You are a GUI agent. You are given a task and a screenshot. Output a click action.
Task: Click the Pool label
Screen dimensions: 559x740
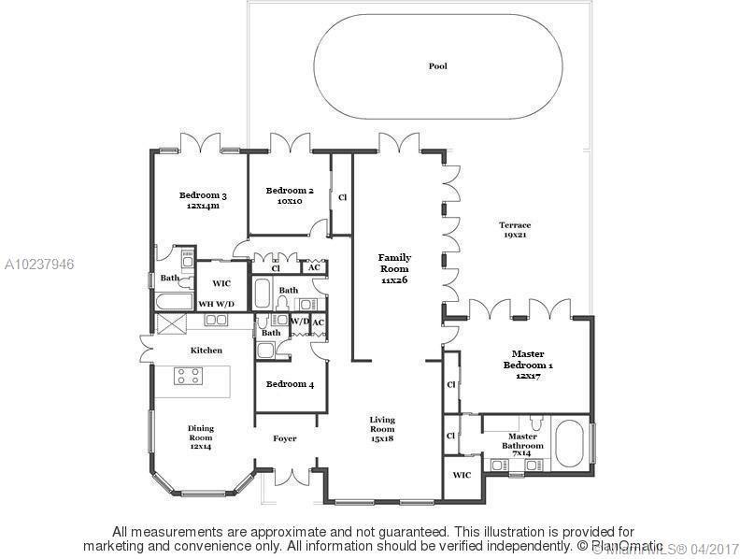(x=437, y=65)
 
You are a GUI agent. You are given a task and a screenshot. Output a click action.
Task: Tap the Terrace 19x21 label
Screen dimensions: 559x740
(x=514, y=230)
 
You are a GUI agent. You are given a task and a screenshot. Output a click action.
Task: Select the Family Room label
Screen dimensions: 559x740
(x=394, y=268)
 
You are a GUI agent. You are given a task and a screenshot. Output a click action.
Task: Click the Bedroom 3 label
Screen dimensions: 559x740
(x=204, y=200)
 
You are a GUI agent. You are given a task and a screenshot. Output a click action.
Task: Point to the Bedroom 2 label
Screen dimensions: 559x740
(x=289, y=195)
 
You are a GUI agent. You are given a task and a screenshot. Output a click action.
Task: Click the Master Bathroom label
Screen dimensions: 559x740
(x=522, y=441)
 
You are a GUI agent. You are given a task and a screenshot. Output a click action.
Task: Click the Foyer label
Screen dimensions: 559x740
(x=285, y=438)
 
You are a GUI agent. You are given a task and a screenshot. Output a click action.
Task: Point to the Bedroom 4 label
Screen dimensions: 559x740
(x=290, y=384)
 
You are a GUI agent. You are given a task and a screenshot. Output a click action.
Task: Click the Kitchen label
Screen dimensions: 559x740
(x=206, y=351)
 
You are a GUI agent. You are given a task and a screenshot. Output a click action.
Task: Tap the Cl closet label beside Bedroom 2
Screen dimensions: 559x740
(x=342, y=198)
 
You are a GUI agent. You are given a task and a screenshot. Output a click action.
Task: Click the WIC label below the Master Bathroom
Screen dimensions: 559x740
(x=462, y=475)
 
